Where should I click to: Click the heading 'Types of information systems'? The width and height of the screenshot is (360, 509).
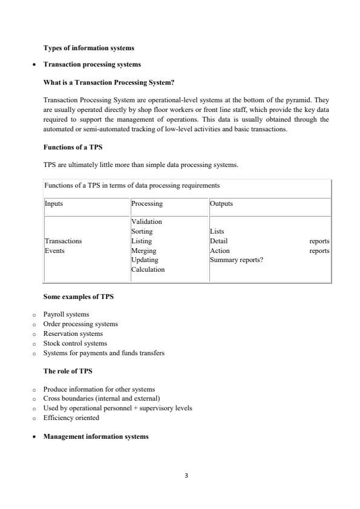point(89,48)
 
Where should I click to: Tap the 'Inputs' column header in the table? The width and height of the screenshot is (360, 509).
point(54,204)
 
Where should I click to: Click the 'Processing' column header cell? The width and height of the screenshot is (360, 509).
point(147,204)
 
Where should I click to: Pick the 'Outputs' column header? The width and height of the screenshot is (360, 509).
point(221,204)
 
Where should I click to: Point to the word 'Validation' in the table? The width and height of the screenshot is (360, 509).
point(146,222)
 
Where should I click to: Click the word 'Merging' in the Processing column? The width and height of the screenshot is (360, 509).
point(143,251)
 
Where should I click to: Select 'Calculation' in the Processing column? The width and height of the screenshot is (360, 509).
point(148,269)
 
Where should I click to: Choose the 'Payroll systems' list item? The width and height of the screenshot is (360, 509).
point(66,314)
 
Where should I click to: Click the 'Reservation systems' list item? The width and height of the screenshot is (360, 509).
point(73,333)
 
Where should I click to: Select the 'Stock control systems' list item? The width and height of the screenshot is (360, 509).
point(75,343)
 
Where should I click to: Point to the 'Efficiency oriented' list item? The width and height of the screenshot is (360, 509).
point(71,418)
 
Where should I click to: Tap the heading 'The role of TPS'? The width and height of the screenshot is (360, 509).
point(68,371)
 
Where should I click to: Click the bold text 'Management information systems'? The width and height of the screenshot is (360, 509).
point(96,436)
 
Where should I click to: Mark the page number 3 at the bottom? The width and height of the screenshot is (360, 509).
point(186,476)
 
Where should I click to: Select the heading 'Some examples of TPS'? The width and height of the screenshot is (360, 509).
point(78,297)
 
